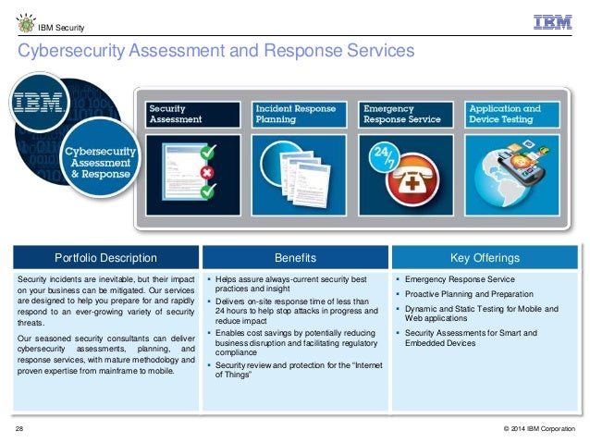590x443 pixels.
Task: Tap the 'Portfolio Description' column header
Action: [x=105, y=257]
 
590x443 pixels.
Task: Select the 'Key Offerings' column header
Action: [x=485, y=257]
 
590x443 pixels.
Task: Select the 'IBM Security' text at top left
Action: [x=58, y=22]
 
